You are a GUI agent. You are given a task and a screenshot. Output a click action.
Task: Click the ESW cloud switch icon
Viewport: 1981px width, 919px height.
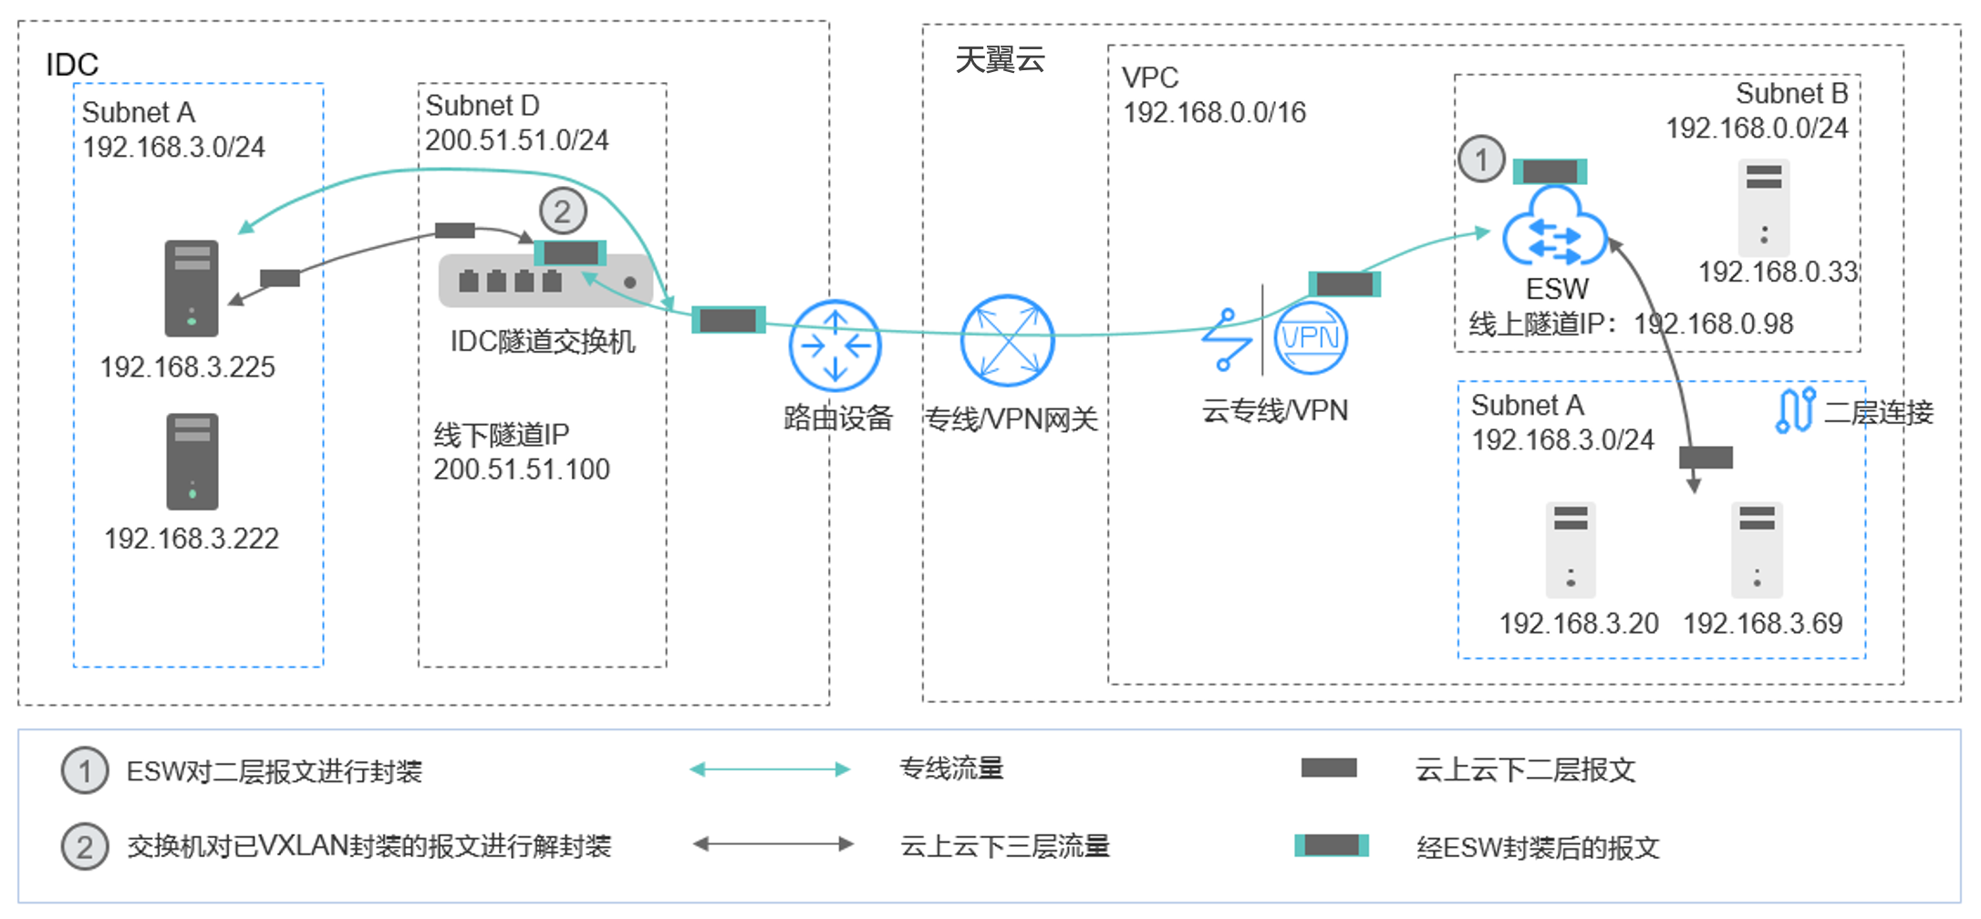click(x=1553, y=228)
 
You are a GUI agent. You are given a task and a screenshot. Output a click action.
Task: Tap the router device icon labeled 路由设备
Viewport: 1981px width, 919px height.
click(x=835, y=346)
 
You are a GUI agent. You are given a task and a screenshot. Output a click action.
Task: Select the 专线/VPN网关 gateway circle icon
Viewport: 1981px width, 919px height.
click(x=1007, y=340)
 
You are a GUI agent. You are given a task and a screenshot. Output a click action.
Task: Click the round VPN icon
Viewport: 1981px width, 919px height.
click(x=1310, y=338)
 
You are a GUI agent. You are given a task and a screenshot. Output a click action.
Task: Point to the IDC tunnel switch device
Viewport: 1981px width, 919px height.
click(x=545, y=281)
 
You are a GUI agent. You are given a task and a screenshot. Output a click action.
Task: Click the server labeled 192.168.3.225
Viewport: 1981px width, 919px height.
click(x=192, y=288)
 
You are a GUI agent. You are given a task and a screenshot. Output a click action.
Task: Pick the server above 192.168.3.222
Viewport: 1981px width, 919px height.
click(x=192, y=461)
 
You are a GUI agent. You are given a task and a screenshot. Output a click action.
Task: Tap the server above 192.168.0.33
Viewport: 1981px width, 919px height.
click(x=1763, y=208)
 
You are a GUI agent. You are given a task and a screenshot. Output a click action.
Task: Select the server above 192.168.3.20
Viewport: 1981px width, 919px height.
click(x=1570, y=549)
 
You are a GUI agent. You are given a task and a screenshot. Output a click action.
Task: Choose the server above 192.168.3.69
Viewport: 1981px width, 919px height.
click(x=1756, y=549)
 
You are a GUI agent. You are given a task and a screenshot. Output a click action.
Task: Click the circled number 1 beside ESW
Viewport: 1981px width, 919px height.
click(x=1481, y=160)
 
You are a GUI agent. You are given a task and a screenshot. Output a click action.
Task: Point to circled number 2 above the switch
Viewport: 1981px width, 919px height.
click(x=563, y=212)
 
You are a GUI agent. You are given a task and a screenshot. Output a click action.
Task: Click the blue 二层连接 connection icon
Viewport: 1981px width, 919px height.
click(x=1795, y=411)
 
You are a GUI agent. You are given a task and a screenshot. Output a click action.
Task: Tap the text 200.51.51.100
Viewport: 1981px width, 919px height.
click(x=521, y=470)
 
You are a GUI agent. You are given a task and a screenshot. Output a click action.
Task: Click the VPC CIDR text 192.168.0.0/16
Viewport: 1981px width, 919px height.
click(x=1214, y=112)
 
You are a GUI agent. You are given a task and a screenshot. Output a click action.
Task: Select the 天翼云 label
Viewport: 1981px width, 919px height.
click(x=1000, y=60)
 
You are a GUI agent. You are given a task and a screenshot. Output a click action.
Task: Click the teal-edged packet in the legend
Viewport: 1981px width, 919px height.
click(x=1331, y=846)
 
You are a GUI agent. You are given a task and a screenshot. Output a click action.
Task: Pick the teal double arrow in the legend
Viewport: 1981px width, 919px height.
click(x=771, y=769)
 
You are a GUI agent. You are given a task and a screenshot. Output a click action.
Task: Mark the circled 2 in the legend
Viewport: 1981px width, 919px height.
click(x=85, y=847)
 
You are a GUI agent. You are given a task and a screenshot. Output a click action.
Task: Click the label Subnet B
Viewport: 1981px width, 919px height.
click(x=1790, y=93)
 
